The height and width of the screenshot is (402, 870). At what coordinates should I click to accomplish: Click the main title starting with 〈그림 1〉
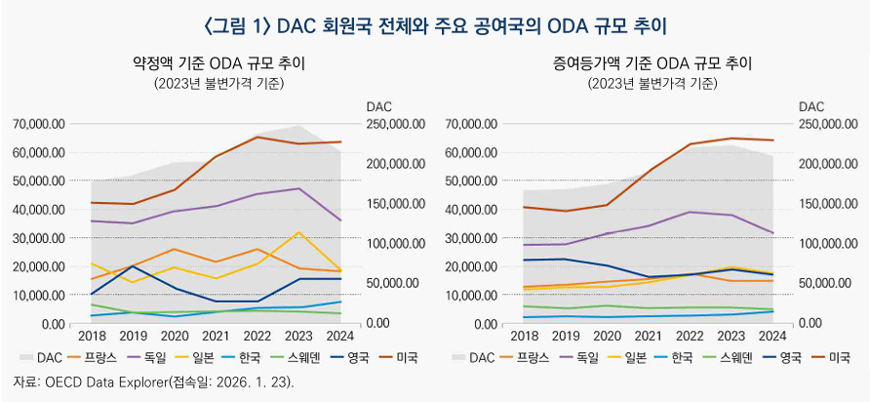[434, 21]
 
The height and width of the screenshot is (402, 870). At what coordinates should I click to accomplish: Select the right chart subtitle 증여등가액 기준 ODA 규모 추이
[652, 63]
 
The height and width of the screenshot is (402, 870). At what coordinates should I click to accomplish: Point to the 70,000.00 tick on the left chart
[39, 125]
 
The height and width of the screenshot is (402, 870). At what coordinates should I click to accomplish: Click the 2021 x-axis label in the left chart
[216, 335]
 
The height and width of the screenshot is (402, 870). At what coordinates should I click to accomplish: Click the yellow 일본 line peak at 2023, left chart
[299, 232]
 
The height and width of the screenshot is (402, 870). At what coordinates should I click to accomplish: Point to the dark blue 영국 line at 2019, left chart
[133, 265]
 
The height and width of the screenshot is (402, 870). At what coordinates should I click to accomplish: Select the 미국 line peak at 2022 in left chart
[257, 137]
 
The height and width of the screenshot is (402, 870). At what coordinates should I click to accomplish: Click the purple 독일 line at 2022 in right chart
[691, 212]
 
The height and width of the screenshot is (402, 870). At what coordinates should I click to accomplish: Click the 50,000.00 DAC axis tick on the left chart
[392, 283]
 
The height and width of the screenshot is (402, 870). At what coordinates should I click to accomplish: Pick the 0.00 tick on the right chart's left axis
[483, 323]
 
